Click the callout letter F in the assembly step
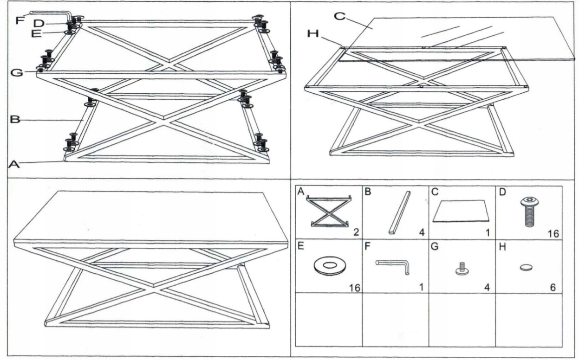(20, 20)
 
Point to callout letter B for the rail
(15, 120)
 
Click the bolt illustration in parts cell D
(528, 211)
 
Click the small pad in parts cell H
(526, 268)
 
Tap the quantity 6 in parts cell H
(553, 287)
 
